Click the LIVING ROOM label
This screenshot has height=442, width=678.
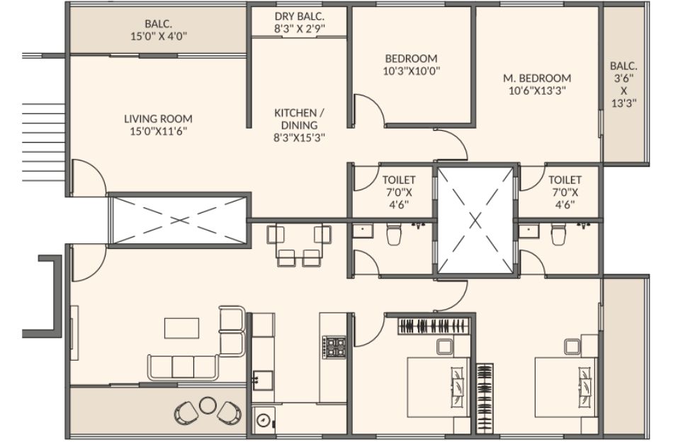point(158,119)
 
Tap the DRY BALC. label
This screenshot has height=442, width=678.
point(299,17)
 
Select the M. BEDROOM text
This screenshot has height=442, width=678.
point(537,78)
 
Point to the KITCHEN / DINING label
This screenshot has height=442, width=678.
point(299,119)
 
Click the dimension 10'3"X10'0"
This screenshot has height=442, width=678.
point(412,71)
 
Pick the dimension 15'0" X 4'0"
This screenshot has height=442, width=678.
point(159,36)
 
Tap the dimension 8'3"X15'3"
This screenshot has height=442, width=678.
point(299,138)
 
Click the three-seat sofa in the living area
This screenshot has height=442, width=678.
point(183,367)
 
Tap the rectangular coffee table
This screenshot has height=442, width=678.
point(181,328)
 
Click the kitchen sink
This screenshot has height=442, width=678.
point(263,380)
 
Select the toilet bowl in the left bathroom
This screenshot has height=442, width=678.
point(393,234)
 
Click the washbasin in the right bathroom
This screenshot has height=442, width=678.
point(528,232)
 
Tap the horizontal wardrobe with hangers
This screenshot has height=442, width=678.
point(434,326)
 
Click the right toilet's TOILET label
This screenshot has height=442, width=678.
point(565,180)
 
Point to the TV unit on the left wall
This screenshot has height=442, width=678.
point(74,333)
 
